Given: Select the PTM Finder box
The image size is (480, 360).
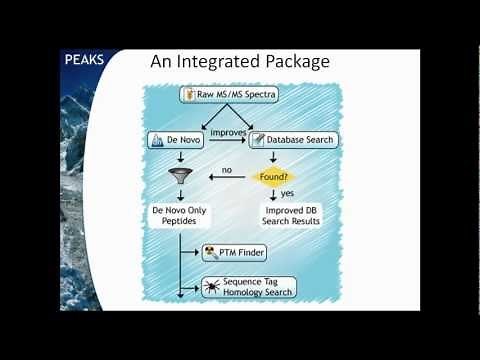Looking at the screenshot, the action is (236, 252).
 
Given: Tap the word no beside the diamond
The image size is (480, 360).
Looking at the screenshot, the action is (227, 171).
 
